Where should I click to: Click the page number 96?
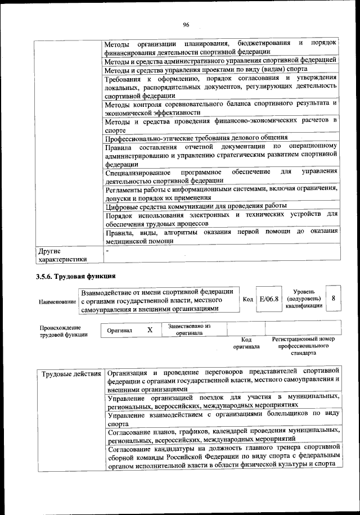tap(186, 24)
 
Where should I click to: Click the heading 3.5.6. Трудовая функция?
tap(76, 276)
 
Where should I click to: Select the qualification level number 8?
tap(334, 299)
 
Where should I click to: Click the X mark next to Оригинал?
tap(150, 330)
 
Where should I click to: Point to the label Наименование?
tap(58, 302)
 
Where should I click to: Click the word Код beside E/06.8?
tap(247, 300)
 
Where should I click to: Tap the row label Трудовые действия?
tap(71, 373)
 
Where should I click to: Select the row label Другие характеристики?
tap(62, 255)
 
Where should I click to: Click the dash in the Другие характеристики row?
tap(107, 250)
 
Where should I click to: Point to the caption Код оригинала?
tap(246, 343)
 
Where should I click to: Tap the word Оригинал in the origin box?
tap(120, 331)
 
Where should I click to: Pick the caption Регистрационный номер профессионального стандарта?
tap(303, 346)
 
